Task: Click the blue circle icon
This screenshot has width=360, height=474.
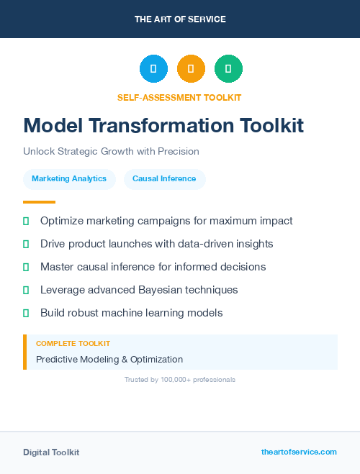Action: click(153, 69)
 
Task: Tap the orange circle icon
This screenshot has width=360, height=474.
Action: click(191, 69)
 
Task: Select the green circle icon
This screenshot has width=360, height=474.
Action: click(228, 69)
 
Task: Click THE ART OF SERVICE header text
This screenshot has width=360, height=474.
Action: click(180, 19)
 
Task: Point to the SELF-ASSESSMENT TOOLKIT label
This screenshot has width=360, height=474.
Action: click(179, 97)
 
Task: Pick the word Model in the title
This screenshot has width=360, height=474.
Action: click(53, 125)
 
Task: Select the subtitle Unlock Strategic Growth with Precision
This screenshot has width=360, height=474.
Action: click(111, 152)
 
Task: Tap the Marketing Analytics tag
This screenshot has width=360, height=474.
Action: click(69, 178)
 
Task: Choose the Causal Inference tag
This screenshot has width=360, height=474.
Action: click(164, 178)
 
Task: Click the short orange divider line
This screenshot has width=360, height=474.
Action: click(39, 202)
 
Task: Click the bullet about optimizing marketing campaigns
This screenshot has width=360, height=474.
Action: click(166, 221)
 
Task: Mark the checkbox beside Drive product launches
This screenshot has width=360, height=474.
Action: click(27, 245)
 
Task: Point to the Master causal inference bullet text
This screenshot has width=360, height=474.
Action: click(153, 267)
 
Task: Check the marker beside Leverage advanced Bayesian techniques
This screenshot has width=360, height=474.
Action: click(27, 291)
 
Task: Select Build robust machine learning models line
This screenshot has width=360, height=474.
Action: click(131, 313)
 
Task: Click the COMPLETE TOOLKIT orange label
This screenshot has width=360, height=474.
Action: click(73, 344)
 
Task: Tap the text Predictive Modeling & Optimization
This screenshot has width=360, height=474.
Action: click(109, 359)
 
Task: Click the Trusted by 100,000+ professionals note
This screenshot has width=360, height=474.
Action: click(180, 379)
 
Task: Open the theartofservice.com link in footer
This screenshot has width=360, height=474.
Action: click(299, 452)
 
